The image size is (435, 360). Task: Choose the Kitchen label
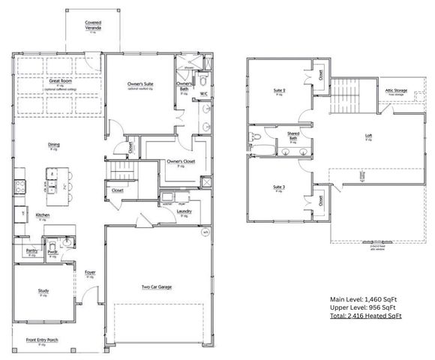[x=43, y=214]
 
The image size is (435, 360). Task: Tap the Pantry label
[x=31, y=250]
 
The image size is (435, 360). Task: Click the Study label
[x=43, y=291]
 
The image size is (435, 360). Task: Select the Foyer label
[x=90, y=273]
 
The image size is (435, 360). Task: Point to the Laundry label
[x=184, y=211]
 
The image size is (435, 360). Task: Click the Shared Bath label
[x=293, y=135]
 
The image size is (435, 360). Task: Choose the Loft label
[x=368, y=136]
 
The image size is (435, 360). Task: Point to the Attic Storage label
[x=396, y=90]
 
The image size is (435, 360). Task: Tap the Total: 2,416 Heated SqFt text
[x=365, y=316]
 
